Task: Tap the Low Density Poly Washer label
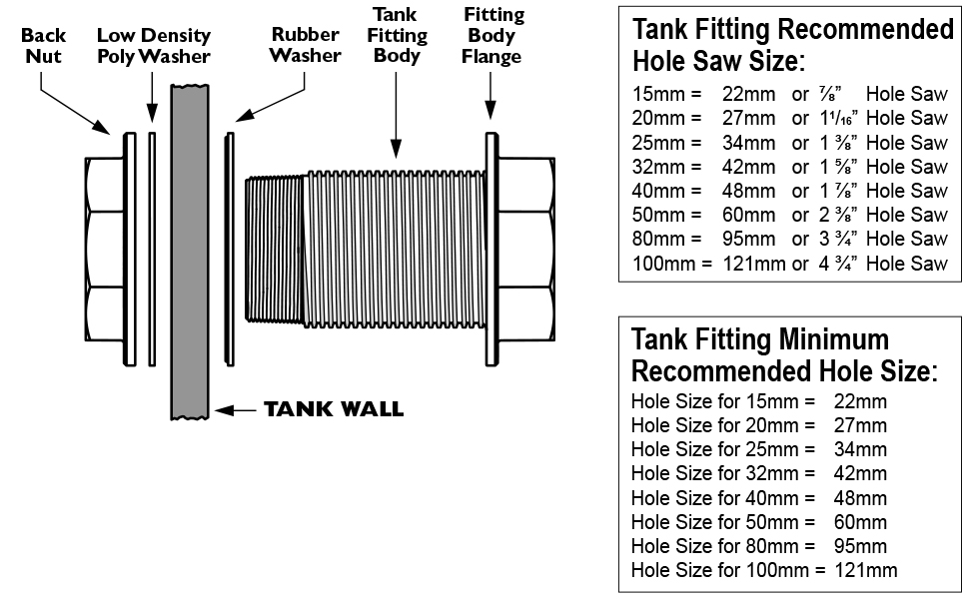pyautogui.click(x=153, y=46)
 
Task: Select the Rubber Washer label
pyautogui.click(x=305, y=45)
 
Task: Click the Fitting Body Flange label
pyautogui.click(x=492, y=35)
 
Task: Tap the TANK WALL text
pyautogui.click(x=333, y=409)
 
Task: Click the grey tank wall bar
pyautogui.click(x=189, y=250)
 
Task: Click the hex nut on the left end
pyautogui.click(x=103, y=249)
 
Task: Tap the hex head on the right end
pyautogui.click(x=525, y=249)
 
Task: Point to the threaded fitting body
pyautogui.click(x=390, y=249)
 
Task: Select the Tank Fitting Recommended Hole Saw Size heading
pyautogui.click(x=792, y=45)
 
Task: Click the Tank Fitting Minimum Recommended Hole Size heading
pyautogui.click(x=784, y=354)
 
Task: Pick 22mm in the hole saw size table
pyautogui.click(x=748, y=95)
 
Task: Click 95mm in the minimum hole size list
pyautogui.click(x=859, y=546)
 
